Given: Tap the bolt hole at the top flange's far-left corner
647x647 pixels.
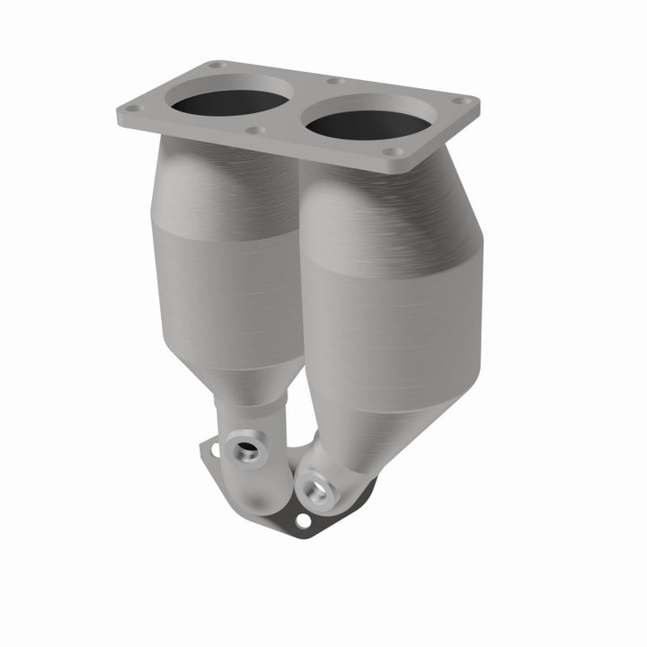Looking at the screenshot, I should [133, 109].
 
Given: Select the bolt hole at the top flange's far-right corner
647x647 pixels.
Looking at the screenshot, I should [465, 102].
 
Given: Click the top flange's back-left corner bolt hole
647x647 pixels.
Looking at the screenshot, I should [217, 65].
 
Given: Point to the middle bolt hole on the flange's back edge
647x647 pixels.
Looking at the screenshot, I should [334, 81].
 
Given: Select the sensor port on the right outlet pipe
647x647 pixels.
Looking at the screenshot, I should [314, 490].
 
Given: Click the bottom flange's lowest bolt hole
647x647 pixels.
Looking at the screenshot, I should [303, 520].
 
